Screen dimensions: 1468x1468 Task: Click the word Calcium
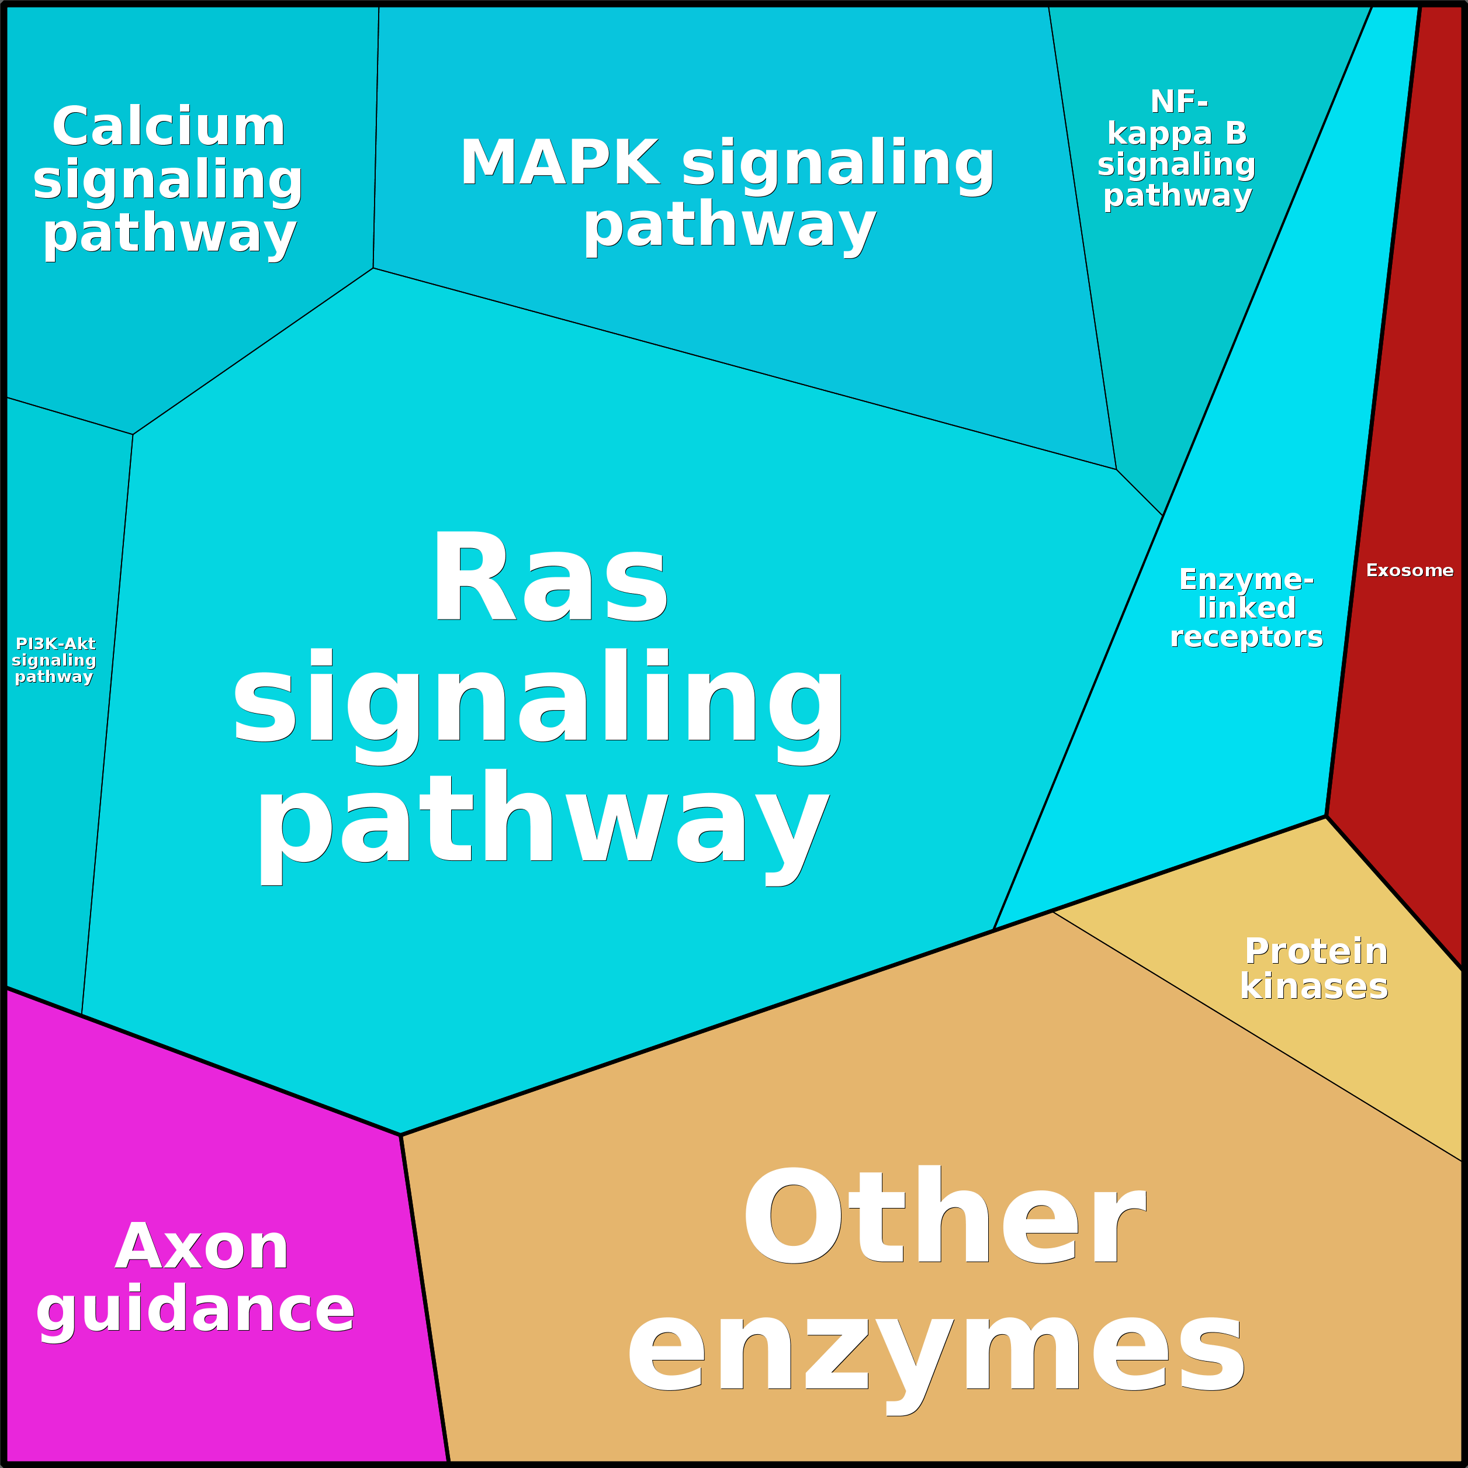coord(169,127)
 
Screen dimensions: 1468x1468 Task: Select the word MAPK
coord(560,162)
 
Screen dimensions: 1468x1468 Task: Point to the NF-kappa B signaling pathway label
coord(1176,149)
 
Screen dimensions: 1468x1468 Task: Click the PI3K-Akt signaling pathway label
coord(54,660)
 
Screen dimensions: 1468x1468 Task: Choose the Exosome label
coord(1410,570)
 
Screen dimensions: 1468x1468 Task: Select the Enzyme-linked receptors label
coord(1246,608)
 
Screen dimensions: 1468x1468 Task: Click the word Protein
coord(1316,951)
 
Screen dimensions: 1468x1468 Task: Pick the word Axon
coord(202,1247)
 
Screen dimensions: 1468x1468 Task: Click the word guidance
coord(195,1310)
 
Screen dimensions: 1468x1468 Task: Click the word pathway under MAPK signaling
coord(729,226)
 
